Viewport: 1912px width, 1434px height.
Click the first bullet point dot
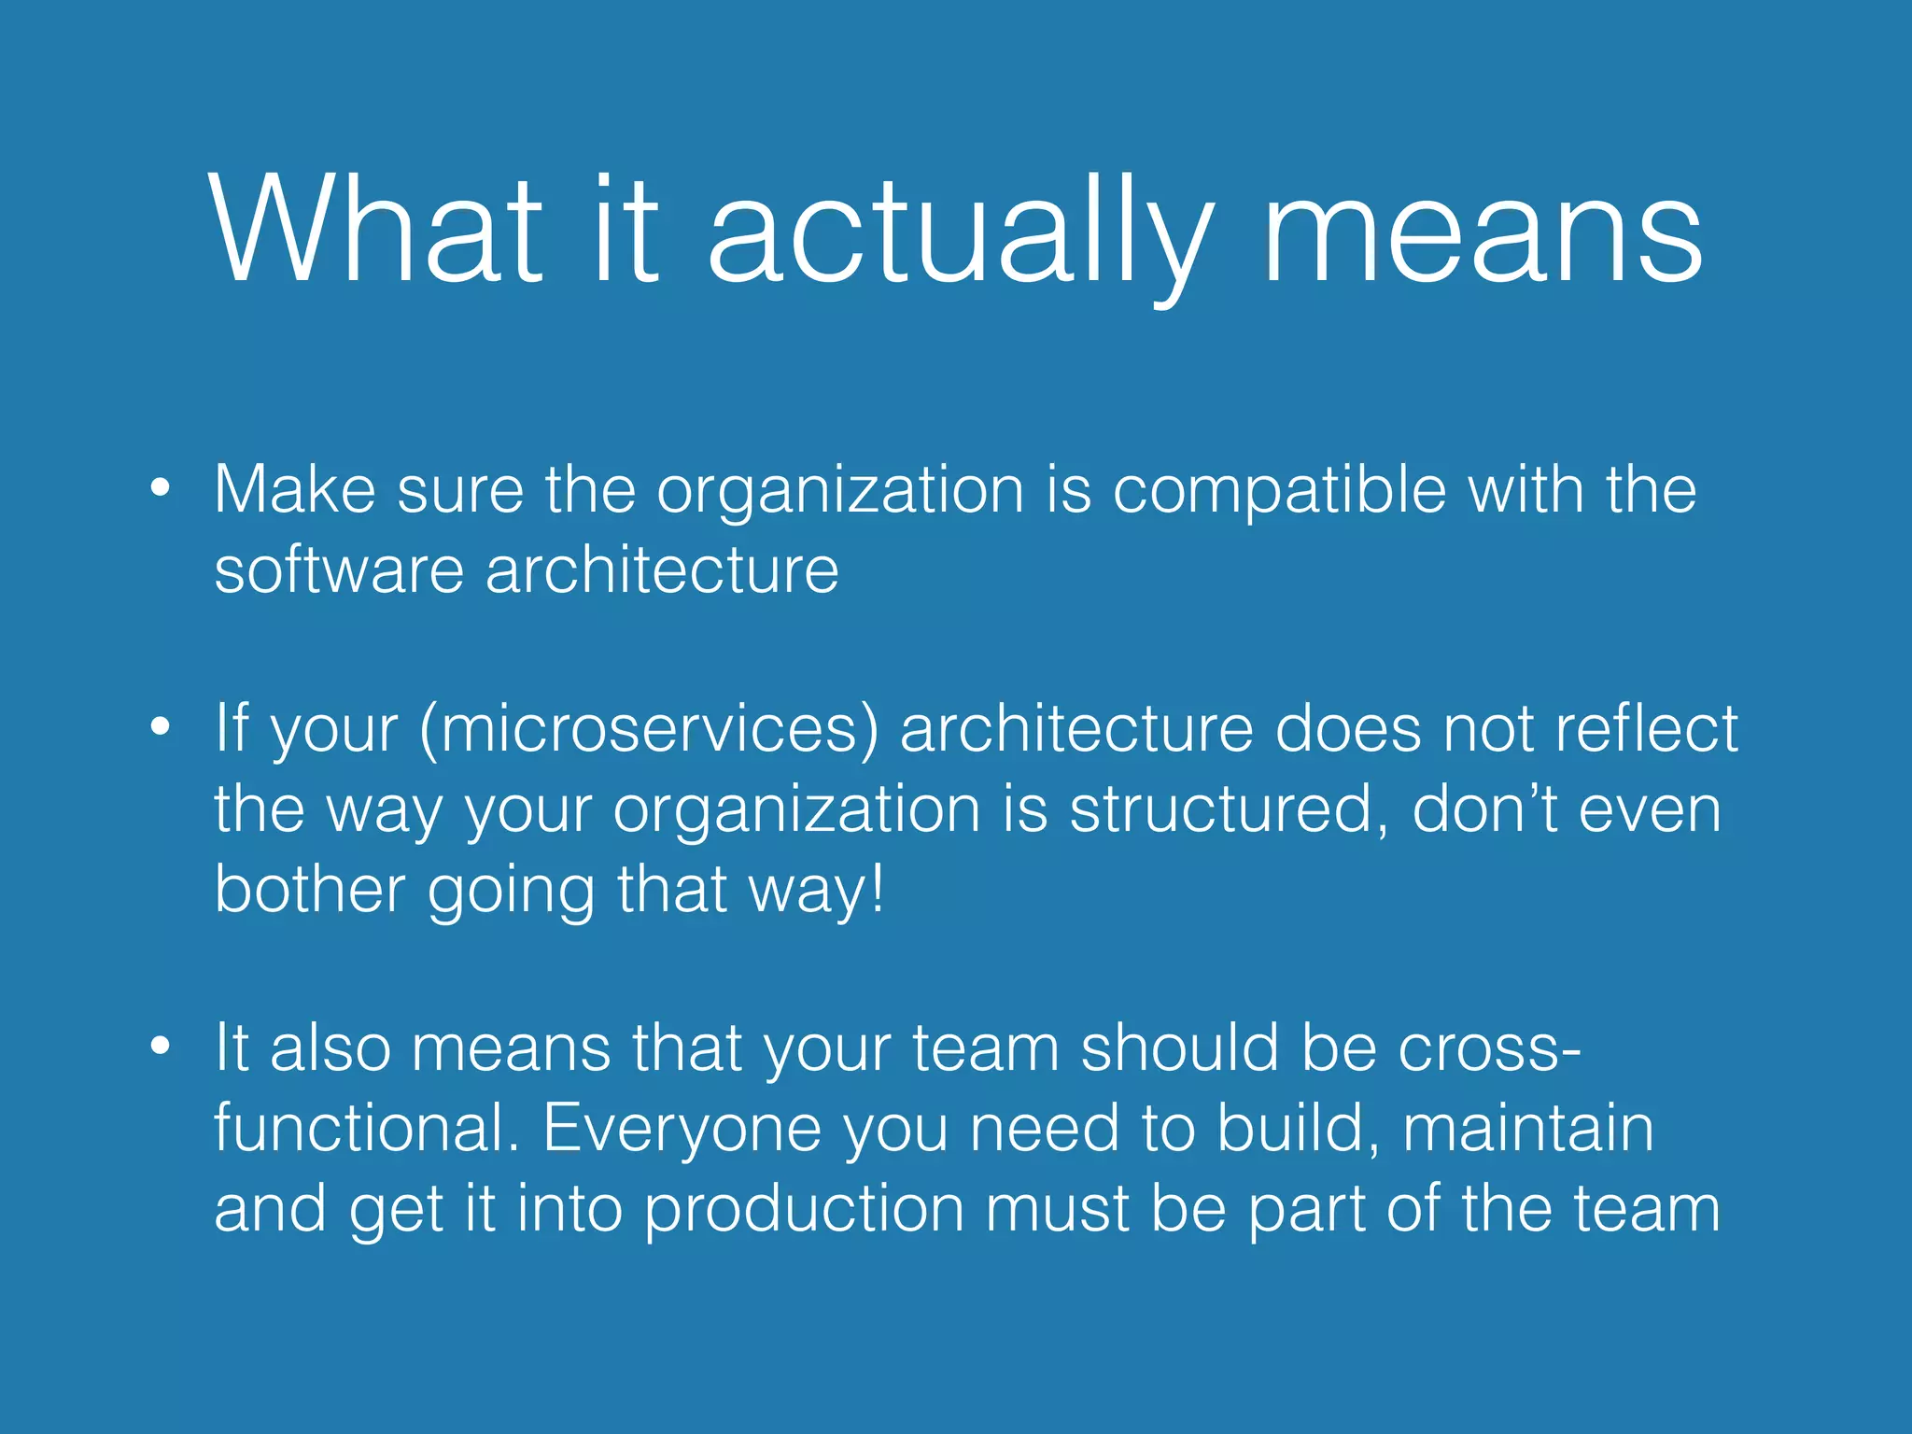[x=161, y=487]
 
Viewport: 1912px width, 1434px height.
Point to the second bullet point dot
[x=161, y=726]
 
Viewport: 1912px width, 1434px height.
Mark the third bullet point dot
[x=161, y=1046]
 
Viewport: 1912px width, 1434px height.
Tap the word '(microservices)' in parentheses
[x=649, y=730]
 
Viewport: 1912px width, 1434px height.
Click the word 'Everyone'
[x=682, y=1130]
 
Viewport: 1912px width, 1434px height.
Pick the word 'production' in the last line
[x=804, y=1210]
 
